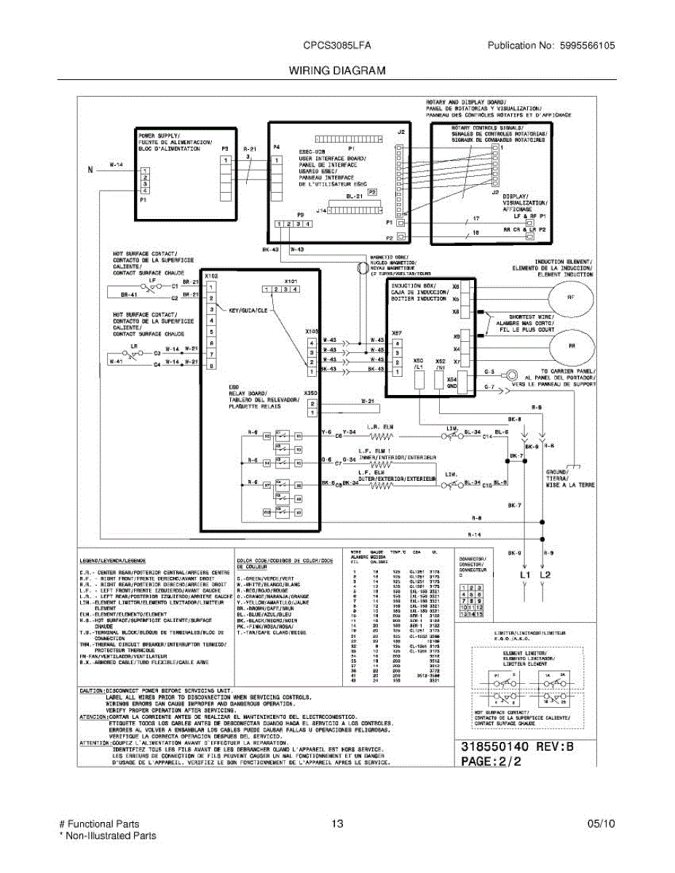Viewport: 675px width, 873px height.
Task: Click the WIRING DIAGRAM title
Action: [x=336, y=71]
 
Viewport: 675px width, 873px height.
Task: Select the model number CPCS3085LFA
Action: [x=337, y=45]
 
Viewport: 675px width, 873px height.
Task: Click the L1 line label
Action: [x=524, y=575]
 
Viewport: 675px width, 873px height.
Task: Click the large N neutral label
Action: [x=91, y=170]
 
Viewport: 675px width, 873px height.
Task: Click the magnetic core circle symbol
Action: [x=361, y=269]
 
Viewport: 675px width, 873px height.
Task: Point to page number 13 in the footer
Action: [x=336, y=824]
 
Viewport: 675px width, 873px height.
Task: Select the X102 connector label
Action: [x=211, y=276]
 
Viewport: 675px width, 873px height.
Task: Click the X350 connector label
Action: [x=310, y=394]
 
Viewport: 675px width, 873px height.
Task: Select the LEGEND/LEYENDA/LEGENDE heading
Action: [x=113, y=561]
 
